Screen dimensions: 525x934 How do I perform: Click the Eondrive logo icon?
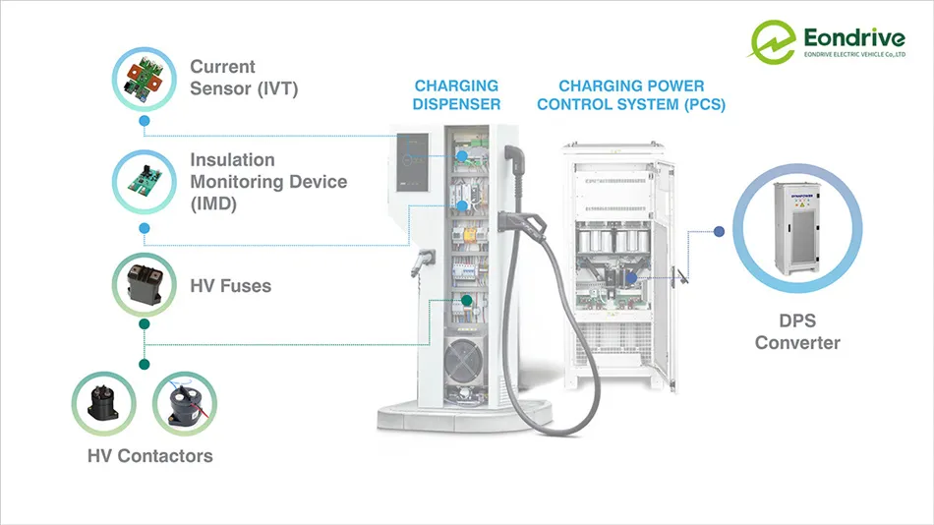click(x=773, y=41)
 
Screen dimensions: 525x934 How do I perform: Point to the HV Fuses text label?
click(x=230, y=286)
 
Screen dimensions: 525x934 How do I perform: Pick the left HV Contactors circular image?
click(x=103, y=402)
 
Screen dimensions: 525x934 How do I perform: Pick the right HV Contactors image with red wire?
click(x=184, y=402)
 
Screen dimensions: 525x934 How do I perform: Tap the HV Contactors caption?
click(x=149, y=455)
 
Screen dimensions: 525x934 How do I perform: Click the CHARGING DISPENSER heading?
click(x=456, y=95)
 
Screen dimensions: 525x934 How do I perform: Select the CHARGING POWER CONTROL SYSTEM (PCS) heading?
click(x=642, y=95)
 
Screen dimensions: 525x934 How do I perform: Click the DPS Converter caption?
click(x=797, y=332)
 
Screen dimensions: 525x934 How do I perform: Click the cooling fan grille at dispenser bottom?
click(x=469, y=365)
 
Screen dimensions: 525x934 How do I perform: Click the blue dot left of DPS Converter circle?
click(x=719, y=231)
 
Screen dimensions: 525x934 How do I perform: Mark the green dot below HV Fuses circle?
click(x=145, y=323)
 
